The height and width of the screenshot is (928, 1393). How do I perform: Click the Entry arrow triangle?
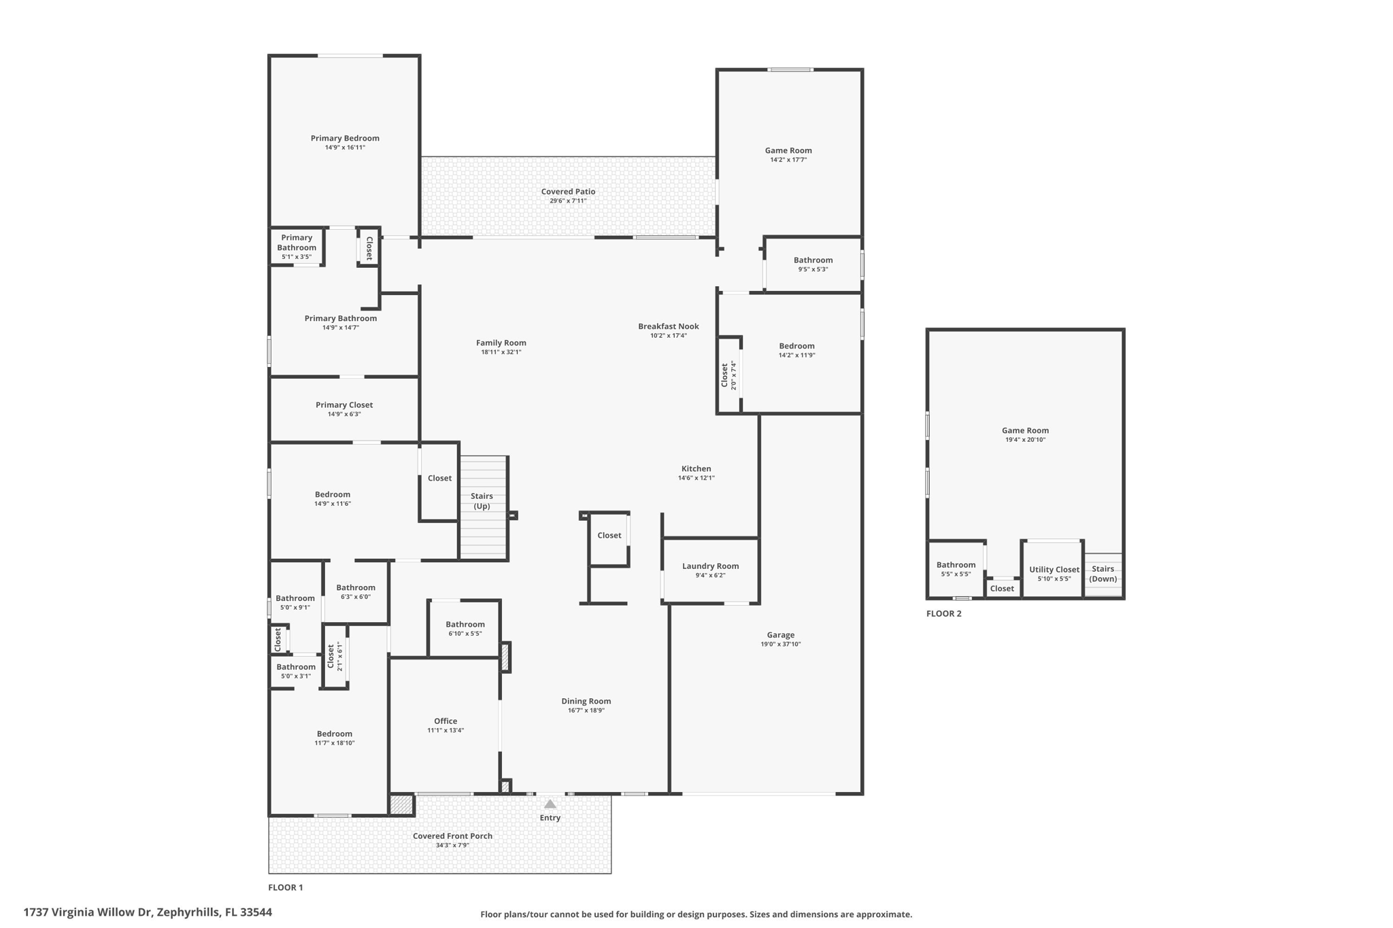[x=550, y=804]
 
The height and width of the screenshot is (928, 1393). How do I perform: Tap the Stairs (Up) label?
[x=482, y=501]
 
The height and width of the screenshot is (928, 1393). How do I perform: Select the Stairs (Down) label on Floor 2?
[x=1103, y=574]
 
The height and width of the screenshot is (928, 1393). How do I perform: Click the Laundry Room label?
[x=710, y=566]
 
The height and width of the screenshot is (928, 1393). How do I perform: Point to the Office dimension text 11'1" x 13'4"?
[x=446, y=730]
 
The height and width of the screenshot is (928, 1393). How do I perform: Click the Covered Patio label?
[x=568, y=192]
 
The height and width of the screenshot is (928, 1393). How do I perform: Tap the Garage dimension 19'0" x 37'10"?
[x=781, y=644]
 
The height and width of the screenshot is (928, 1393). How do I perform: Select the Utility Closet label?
[x=1054, y=570]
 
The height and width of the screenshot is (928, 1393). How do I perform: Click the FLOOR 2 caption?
[x=944, y=613]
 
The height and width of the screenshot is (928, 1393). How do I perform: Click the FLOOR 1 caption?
[x=286, y=887]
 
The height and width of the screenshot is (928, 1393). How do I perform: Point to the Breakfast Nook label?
[x=669, y=326]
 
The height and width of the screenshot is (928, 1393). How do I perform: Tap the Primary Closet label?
[x=344, y=405]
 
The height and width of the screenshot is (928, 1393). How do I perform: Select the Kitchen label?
[x=696, y=468]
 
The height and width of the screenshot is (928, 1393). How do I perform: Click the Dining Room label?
[x=586, y=701]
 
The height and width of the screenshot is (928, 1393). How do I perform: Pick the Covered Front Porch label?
[x=452, y=836]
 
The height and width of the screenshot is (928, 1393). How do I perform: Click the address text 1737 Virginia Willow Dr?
[x=87, y=912]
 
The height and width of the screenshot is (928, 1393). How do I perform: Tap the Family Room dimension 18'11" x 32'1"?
[x=501, y=351]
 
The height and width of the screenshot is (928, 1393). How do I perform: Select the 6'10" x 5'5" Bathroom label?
[x=465, y=624]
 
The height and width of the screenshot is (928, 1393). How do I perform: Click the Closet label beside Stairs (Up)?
[x=439, y=478]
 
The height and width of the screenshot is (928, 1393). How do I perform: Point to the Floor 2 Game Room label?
[x=1025, y=430]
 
